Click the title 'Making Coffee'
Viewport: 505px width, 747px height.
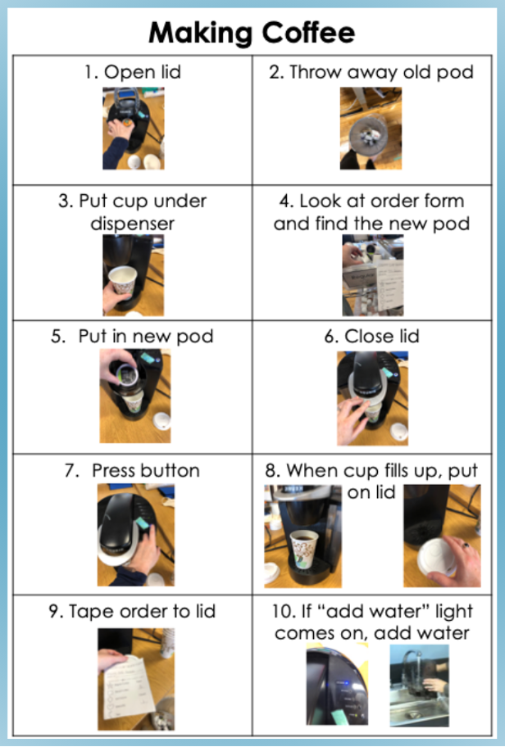252,33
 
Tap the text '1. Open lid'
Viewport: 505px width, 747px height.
133,72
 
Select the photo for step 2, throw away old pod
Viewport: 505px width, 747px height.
371,128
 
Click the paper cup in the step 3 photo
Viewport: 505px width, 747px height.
123,282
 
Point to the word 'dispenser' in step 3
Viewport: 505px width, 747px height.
133,224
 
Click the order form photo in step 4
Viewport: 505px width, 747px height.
373,275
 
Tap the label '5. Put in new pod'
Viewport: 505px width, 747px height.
132,337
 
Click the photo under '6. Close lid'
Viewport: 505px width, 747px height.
372,398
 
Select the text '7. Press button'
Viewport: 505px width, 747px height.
132,471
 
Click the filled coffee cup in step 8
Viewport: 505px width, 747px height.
304,550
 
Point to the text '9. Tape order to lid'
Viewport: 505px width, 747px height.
132,611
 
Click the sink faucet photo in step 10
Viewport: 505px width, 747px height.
419,685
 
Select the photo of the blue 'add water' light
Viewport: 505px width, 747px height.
337,685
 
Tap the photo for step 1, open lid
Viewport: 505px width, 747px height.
134,128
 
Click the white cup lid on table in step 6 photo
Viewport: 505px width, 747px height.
399,431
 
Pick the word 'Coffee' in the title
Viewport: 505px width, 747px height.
308,33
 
